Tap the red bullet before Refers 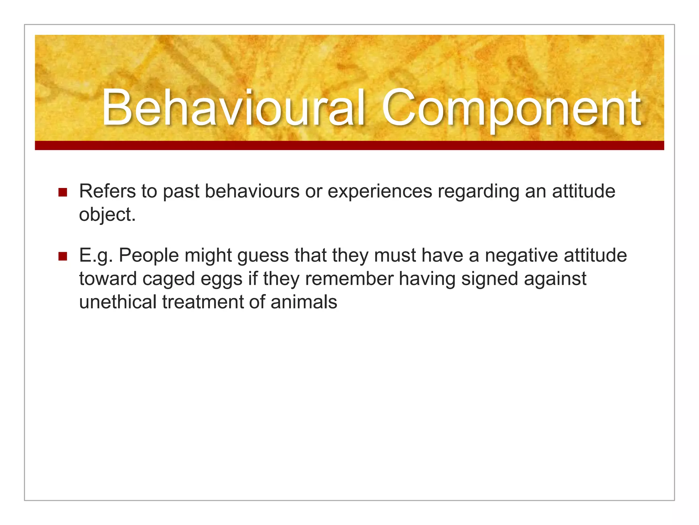(x=62, y=192)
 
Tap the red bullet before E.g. (x=62, y=256)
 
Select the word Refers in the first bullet (x=107, y=191)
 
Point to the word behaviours (x=252, y=191)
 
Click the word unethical (x=118, y=302)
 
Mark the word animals (x=304, y=302)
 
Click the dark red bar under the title (x=349, y=146)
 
